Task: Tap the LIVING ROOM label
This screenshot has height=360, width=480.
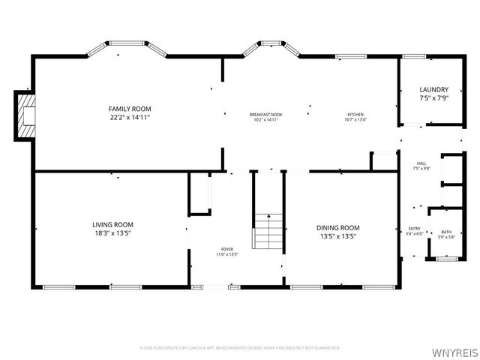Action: coord(112,224)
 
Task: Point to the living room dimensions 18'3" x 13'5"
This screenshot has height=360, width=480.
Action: coord(112,232)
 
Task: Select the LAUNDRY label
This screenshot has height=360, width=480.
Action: coord(433,90)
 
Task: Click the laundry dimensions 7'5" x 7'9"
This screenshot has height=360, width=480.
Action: coord(433,98)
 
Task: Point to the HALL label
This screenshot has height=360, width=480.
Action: coord(421,163)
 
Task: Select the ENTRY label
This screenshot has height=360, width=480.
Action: coord(414,229)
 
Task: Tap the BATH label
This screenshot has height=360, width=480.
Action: coord(446,232)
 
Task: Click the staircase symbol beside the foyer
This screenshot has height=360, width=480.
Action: coord(268,230)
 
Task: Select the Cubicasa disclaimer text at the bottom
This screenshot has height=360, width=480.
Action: coord(239,348)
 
